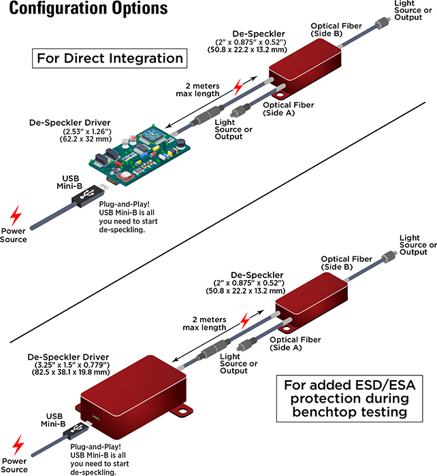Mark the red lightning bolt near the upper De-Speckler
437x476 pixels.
tap(238, 87)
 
